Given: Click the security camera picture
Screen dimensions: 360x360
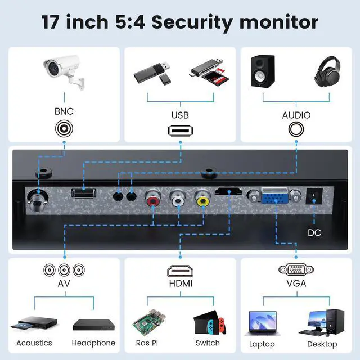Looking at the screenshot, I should [x=65, y=72].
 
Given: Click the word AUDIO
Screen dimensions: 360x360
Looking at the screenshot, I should [x=296, y=115].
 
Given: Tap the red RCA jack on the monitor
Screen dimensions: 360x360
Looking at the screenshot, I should [x=153, y=199].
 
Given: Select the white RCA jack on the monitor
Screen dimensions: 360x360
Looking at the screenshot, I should [x=178, y=199].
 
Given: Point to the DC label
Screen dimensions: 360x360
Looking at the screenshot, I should [x=315, y=232].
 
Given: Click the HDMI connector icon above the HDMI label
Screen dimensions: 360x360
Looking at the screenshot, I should [x=181, y=270].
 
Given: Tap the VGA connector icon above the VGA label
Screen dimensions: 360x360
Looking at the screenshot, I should [x=296, y=269].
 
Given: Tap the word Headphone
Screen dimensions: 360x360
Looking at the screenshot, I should [x=93, y=343].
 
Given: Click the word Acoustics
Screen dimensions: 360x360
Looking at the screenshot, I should [x=34, y=343].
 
